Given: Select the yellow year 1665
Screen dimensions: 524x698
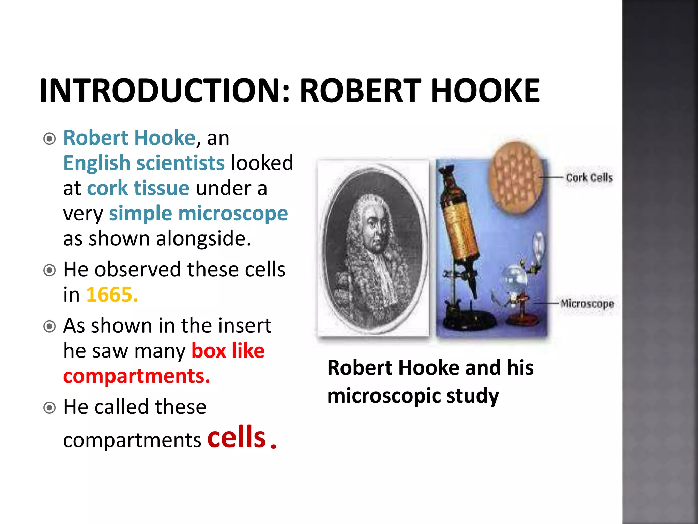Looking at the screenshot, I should [112, 294].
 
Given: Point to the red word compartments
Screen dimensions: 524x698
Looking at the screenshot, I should [136, 376].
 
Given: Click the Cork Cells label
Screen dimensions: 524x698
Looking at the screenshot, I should [589, 178].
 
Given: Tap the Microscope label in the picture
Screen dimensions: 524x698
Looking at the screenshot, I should [587, 303].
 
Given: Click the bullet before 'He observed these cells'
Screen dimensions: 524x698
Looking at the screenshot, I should [50, 271].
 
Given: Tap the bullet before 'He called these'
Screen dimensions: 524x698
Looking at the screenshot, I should [50, 408].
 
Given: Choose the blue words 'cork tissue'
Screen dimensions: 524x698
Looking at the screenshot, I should [138, 188].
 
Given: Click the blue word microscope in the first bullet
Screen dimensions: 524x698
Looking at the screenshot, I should [233, 214].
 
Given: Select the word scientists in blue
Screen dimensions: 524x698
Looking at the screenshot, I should [180, 163].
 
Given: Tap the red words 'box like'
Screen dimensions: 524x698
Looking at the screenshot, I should [228, 351].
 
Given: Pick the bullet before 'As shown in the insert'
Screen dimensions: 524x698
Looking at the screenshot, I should [50, 326].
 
